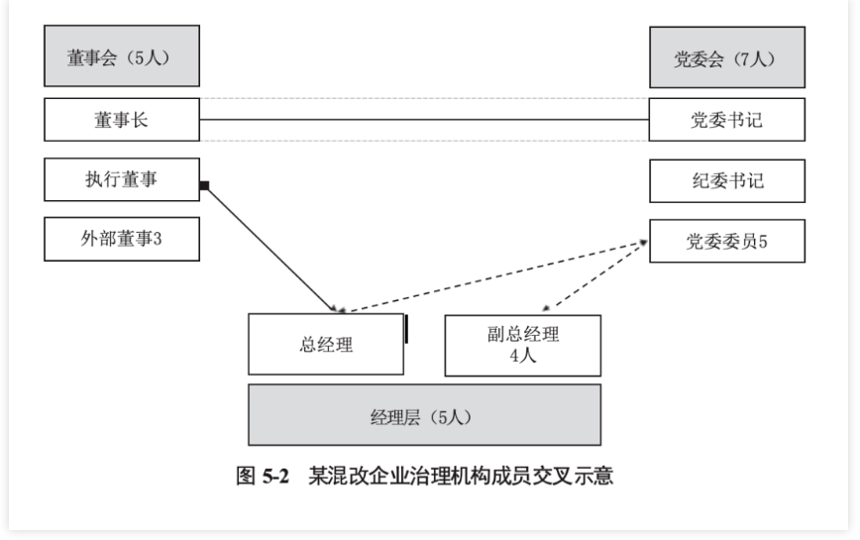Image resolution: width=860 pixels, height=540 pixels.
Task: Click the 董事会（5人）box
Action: coord(122,57)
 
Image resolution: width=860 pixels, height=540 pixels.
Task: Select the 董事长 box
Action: coord(122,120)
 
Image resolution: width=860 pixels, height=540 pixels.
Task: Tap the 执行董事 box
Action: coord(122,180)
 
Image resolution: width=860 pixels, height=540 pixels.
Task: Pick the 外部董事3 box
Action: coord(122,239)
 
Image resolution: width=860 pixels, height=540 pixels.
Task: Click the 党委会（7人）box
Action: coord(726,57)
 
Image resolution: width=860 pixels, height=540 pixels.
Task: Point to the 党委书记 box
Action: coord(726,120)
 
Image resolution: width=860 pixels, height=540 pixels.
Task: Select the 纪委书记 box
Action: coord(726,180)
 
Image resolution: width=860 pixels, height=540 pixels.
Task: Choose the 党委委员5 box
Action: coord(726,239)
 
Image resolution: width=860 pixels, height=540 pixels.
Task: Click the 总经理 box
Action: coord(325,345)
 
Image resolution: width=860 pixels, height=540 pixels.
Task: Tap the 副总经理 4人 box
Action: coord(522,345)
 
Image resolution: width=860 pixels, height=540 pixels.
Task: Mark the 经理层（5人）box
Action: coord(423,415)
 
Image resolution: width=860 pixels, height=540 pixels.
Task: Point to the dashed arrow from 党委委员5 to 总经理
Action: coord(495,274)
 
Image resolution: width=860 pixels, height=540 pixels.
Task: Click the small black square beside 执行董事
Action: coord(203,185)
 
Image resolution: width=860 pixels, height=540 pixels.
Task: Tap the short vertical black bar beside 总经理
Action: coord(406,328)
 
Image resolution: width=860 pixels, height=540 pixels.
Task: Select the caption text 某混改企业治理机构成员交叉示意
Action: coord(461,476)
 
